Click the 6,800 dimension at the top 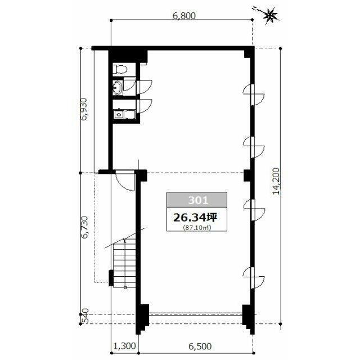184,16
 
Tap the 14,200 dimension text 276,181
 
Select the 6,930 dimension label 84,109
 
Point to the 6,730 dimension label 84,227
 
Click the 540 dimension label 84,316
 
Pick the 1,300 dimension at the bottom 125,346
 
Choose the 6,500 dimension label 200,346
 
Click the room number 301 198,200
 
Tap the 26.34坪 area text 195,218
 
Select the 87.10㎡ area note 197,228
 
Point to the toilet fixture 120,69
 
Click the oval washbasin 118,88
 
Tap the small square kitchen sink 119,114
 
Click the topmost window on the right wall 254,94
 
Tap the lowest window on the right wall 254,277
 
